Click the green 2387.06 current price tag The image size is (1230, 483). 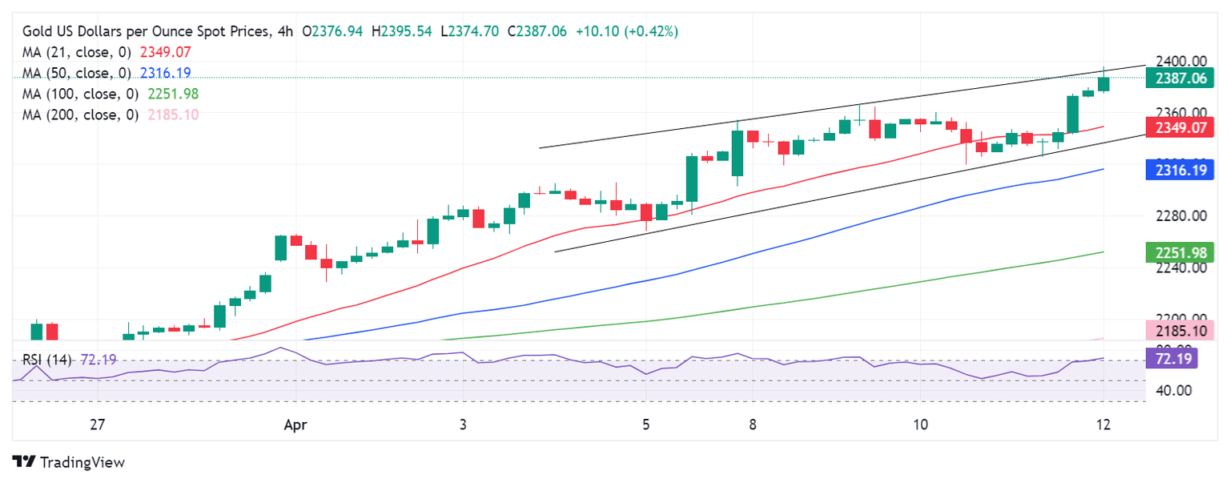(1176, 78)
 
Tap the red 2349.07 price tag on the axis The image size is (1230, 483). (1176, 127)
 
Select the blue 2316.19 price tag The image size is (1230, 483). (1176, 169)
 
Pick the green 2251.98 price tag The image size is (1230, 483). (1176, 252)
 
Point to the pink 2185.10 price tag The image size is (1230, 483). (1176, 329)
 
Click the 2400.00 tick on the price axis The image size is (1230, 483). (1176, 62)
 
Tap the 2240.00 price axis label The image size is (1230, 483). (1176, 268)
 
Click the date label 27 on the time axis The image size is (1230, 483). (98, 424)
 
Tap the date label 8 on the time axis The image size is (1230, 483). (752, 424)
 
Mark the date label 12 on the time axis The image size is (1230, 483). (1103, 424)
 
